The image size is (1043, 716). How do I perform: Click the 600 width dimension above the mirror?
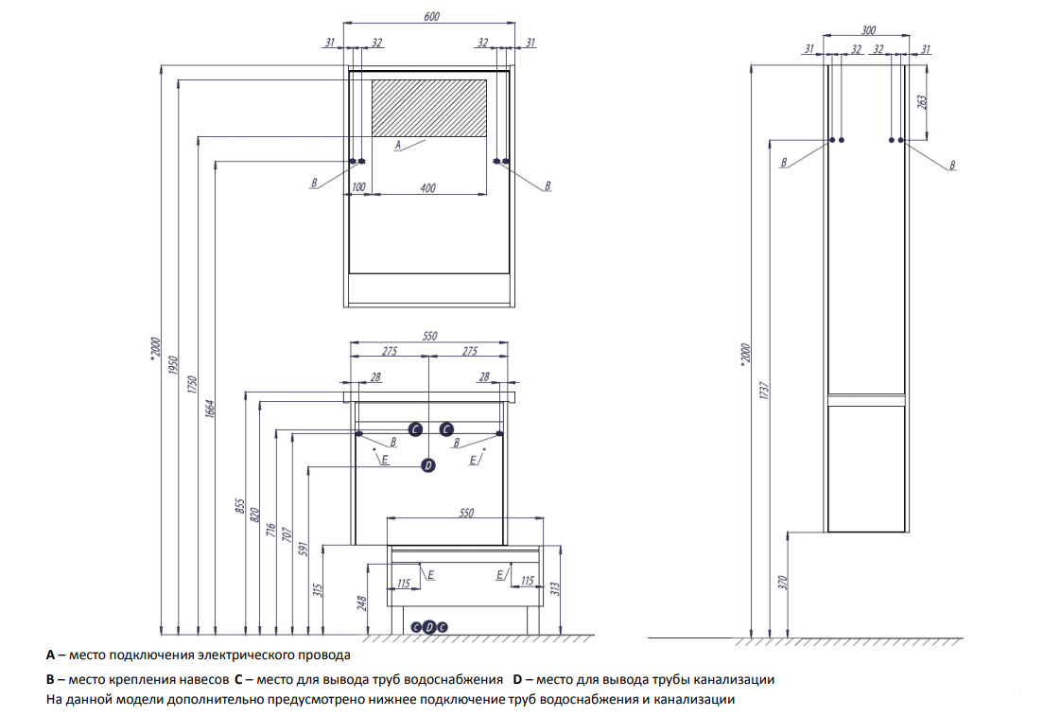(431, 16)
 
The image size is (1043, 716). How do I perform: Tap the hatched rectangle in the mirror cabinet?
(429, 107)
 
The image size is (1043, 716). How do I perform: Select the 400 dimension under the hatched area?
(427, 188)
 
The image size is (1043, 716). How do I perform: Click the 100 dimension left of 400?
(358, 188)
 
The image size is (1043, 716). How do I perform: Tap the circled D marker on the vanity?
(428, 464)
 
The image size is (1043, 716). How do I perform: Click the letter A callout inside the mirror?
(398, 145)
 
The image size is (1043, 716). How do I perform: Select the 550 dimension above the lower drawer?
(465, 512)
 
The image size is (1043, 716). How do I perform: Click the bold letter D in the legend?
(517, 679)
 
